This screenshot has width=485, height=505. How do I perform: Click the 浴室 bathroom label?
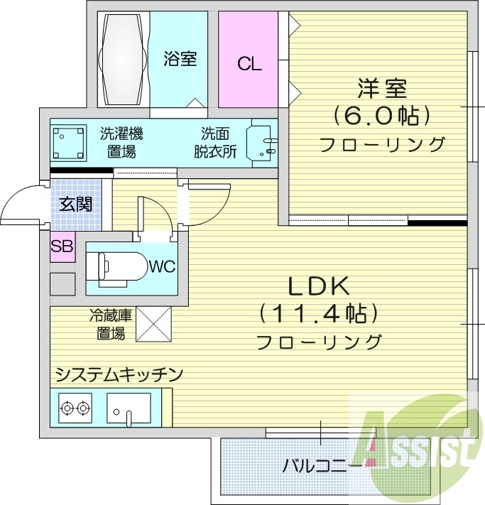click(x=180, y=59)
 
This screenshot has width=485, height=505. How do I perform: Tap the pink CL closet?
click(x=249, y=64)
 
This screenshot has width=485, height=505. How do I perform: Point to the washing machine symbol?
click(x=68, y=142)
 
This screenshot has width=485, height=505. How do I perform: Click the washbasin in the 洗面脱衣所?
click(x=261, y=143)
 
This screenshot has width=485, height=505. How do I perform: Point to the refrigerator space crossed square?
click(x=153, y=323)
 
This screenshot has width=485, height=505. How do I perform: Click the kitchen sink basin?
click(x=129, y=408)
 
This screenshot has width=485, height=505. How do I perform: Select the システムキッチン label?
click(x=119, y=374)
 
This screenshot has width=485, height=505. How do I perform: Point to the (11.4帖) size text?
click(x=317, y=313)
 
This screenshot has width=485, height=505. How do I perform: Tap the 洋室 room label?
click(x=382, y=90)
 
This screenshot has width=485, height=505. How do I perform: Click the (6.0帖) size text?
click(x=382, y=116)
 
